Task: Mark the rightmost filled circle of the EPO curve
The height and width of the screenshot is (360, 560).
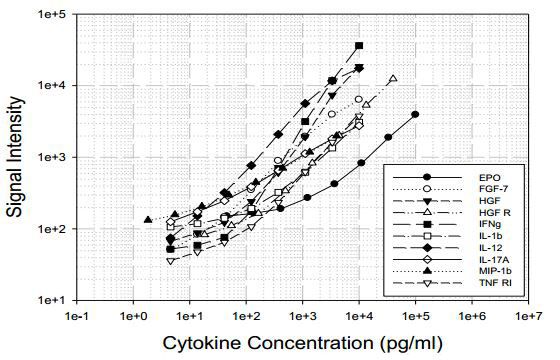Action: click(x=415, y=114)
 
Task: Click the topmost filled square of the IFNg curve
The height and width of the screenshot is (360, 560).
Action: click(x=360, y=46)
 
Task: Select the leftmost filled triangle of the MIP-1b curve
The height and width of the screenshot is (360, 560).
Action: click(x=148, y=219)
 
